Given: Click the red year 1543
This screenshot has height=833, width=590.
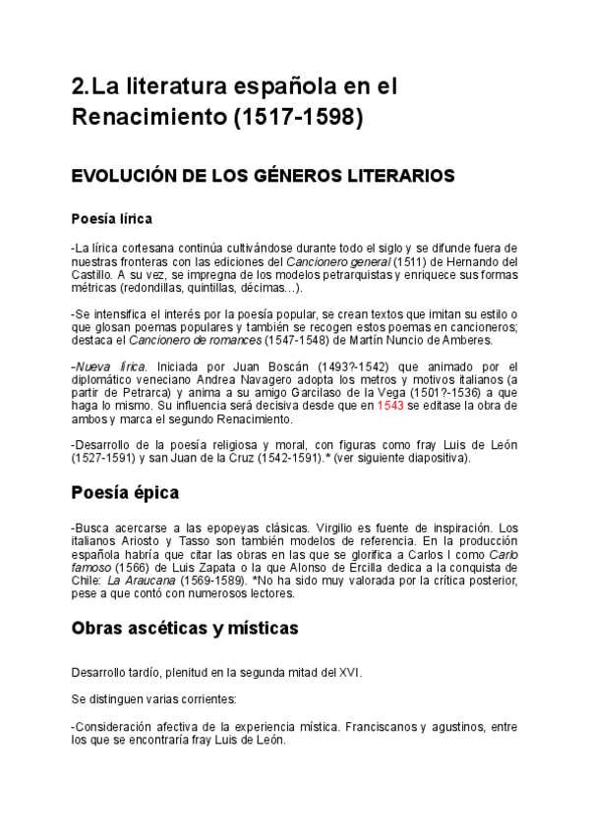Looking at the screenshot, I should click(x=391, y=406).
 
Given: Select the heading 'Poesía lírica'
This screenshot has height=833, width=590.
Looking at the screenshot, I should click(x=111, y=218).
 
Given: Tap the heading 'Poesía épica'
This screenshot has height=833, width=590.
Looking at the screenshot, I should click(x=124, y=491).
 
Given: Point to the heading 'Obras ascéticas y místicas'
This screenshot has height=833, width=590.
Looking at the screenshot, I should click(x=185, y=628).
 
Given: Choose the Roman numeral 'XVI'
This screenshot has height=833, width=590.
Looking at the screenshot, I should click(x=349, y=672).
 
